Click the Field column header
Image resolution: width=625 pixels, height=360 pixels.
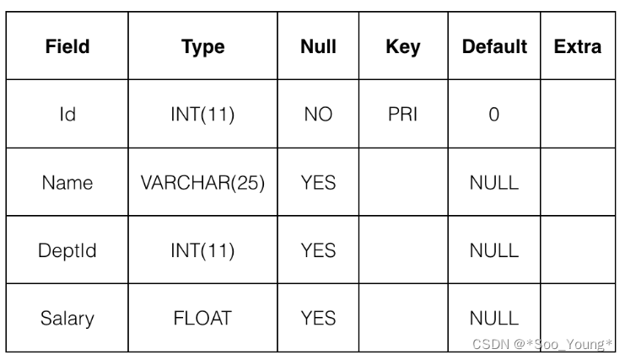coord(67,47)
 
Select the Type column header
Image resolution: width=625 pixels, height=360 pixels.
coord(202,47)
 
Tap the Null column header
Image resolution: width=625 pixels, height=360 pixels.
coord(318,47)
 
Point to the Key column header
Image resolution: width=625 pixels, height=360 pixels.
coord(402,47)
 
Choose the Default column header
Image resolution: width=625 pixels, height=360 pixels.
coord(494,47)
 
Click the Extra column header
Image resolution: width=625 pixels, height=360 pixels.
coord(578,47)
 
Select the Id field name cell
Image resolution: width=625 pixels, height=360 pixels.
coord(67,115)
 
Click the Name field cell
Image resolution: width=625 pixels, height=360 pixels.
coord(67,183)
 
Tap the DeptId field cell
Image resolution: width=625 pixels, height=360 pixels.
coord(67,250)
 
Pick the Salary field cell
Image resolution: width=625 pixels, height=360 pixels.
coord(67,319)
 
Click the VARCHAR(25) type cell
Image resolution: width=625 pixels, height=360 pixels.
coord(202,183)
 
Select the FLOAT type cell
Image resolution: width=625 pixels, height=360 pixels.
coord(202,319)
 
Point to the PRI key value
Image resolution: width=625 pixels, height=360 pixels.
coord(402,115)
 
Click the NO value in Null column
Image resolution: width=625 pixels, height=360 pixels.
coord(318,115)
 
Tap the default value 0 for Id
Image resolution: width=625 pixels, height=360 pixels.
coord(494,115)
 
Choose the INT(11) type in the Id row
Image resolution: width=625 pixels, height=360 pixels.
coord(202,115)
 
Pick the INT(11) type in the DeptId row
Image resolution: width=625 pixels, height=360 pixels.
coord(202,250)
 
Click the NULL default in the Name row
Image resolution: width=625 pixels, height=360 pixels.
coord(494,183)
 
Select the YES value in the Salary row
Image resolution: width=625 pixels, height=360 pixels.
coord(318,319)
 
